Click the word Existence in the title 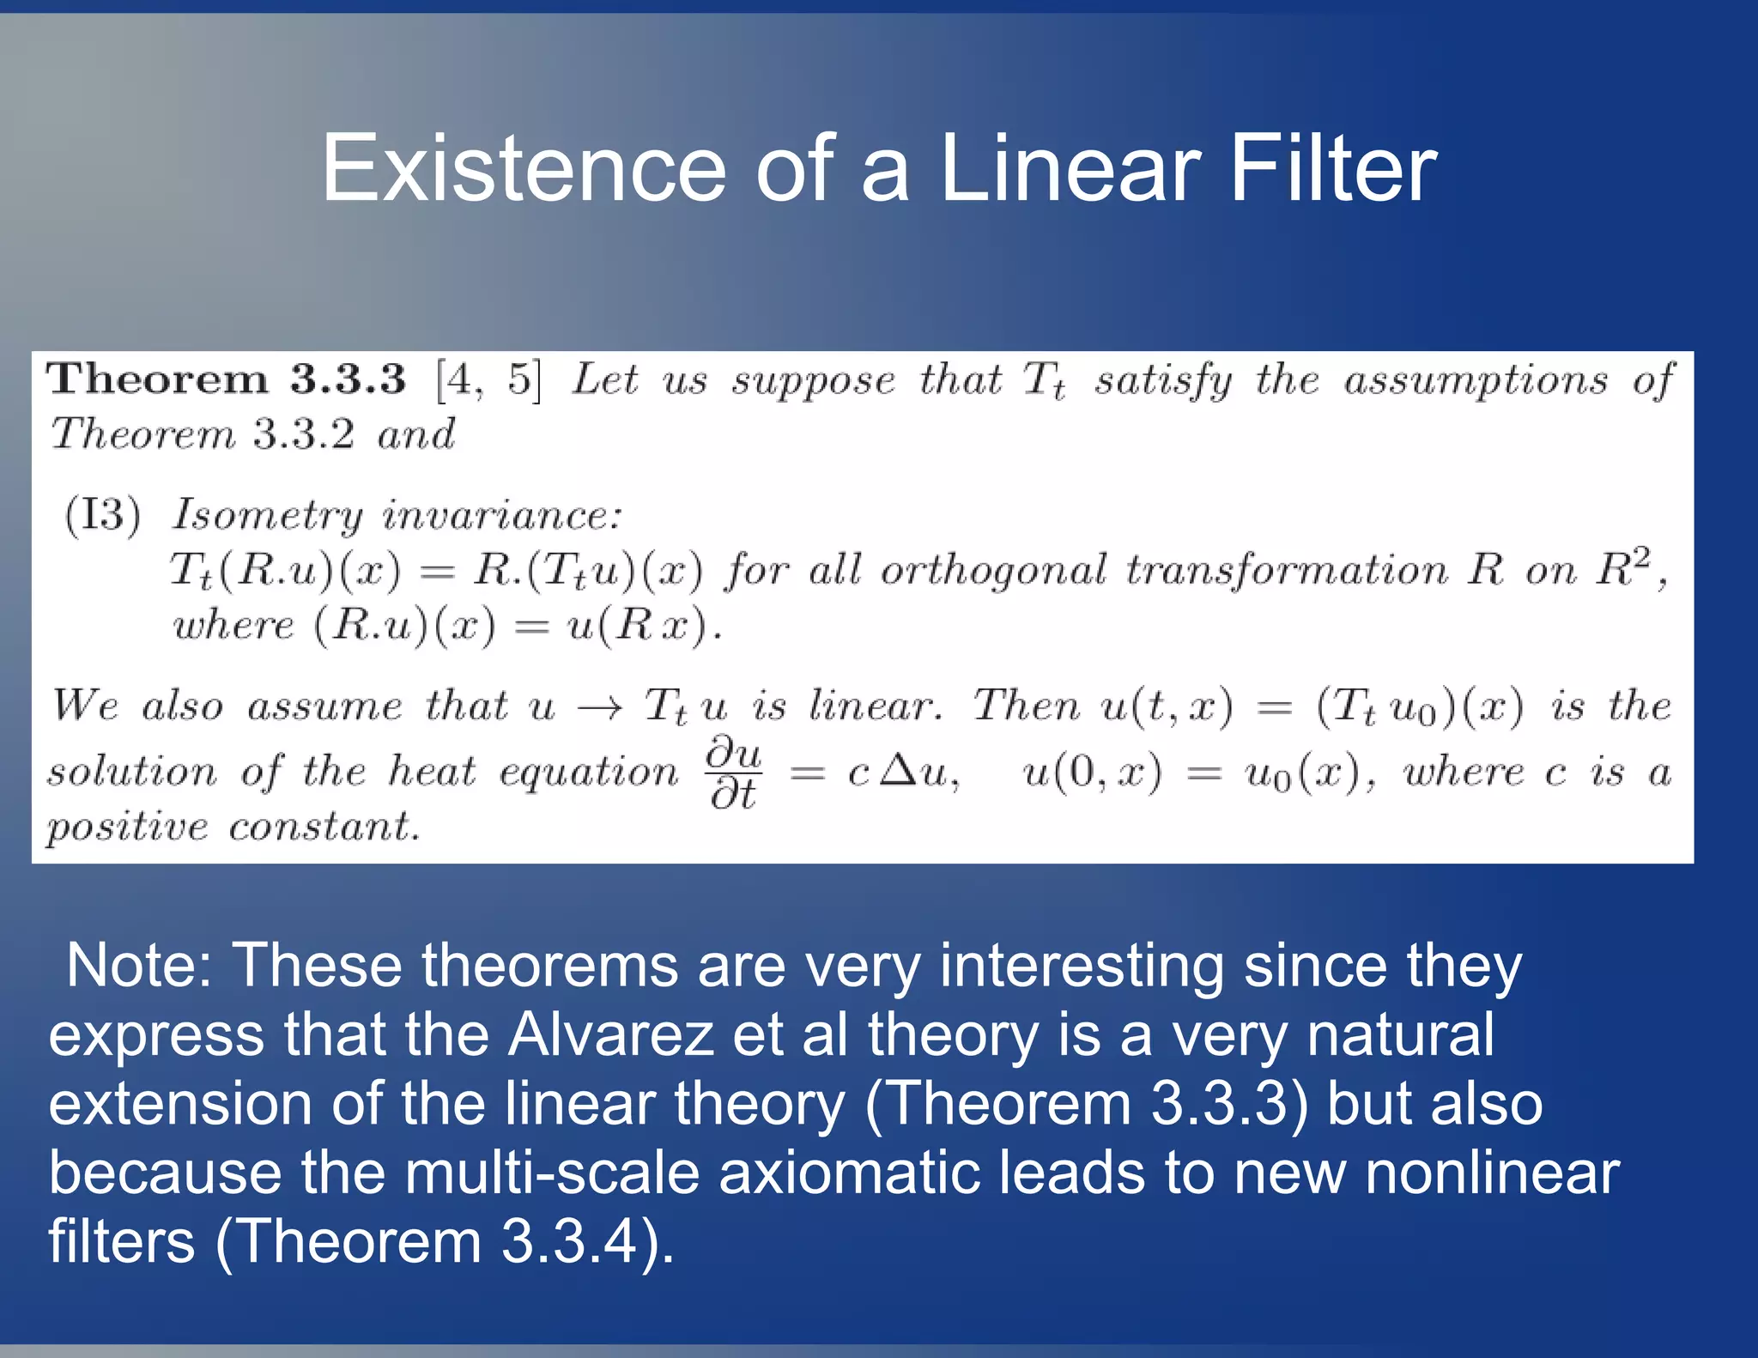pos(523,169)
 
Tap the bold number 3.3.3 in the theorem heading pos(347,379)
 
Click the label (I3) pos(103,515)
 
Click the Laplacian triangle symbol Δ pos(899,772)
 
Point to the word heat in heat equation pos(431,771)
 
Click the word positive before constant pos(127,828)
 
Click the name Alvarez pos(610,1034)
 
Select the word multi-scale pos(552,1173)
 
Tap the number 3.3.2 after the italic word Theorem pos(303,434)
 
